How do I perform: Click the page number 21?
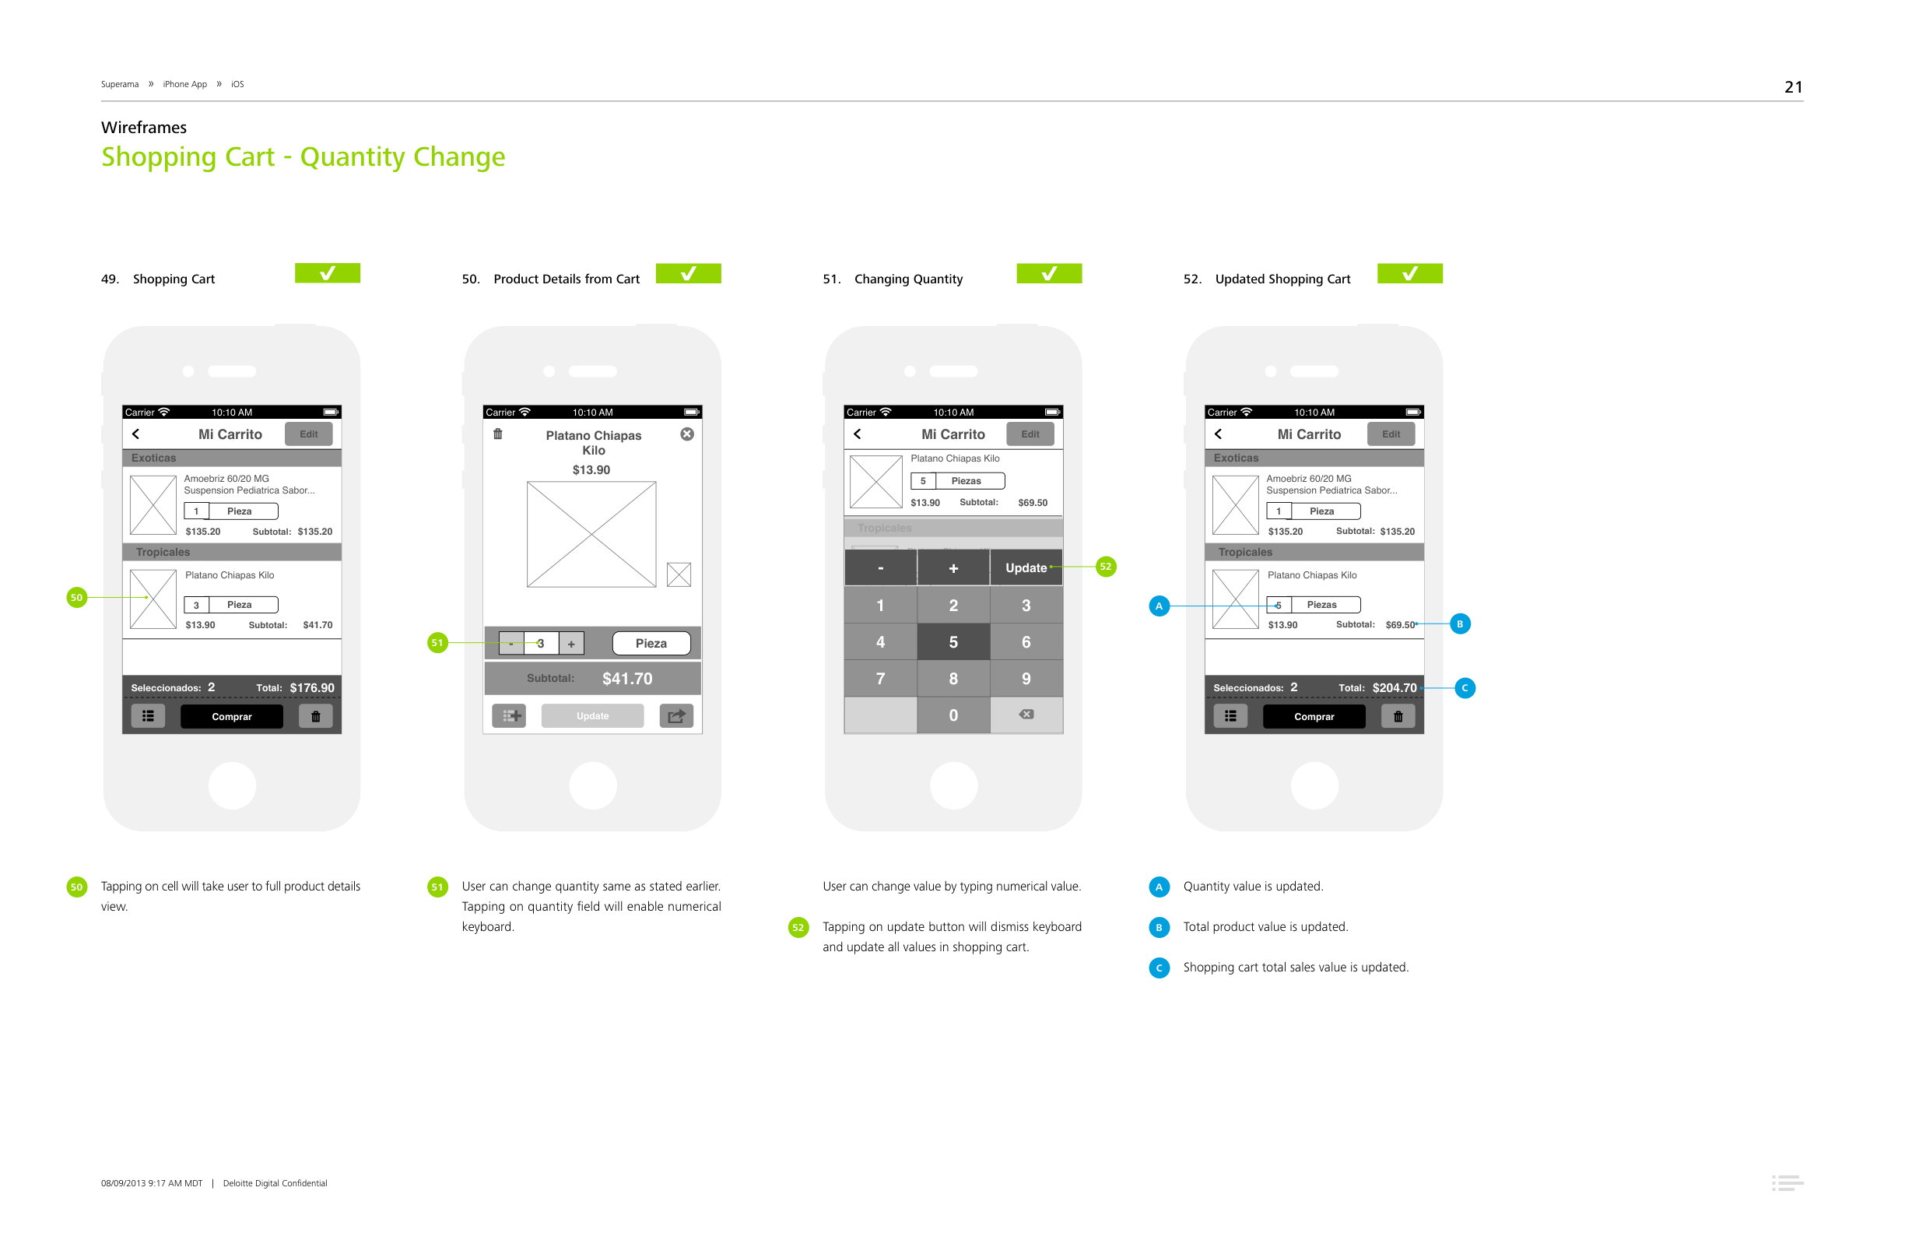1792,87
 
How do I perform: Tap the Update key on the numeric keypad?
1026,567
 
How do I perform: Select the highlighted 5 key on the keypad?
952,642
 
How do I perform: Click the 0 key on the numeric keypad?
952,715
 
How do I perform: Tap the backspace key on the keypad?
1026,714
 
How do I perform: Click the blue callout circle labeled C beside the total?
1464,688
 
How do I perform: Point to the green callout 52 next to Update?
1104,567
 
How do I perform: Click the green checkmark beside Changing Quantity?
1048,274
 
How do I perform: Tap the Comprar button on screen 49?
231,717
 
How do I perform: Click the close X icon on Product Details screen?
687,434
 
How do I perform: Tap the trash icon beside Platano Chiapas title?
498,434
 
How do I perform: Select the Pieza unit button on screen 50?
651,643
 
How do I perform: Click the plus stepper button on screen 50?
570,644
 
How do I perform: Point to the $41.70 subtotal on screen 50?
626,679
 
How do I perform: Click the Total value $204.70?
1394,688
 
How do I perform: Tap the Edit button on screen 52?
1391,434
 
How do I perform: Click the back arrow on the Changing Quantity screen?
858,434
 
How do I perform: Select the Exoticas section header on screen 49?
153,458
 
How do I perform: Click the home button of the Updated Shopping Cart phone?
1314,785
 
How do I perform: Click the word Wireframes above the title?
143,128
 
